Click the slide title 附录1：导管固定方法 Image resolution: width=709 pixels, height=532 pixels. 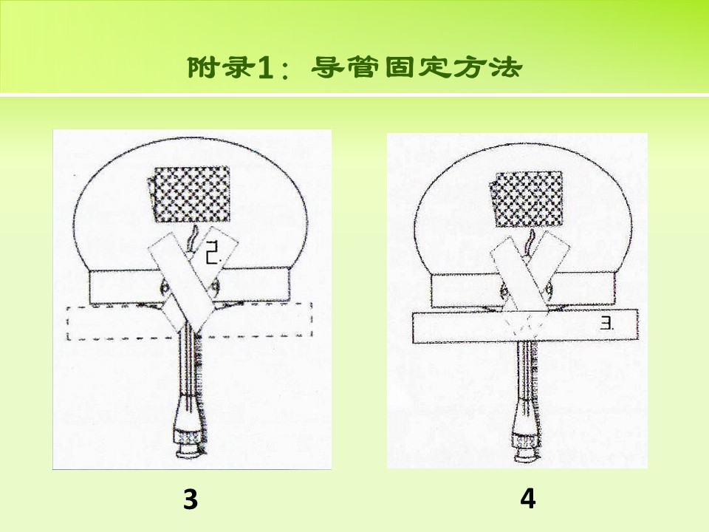coord(355,68)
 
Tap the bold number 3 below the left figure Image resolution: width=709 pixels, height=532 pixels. coord(191,499)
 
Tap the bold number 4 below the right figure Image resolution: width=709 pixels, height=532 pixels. coord(528,499)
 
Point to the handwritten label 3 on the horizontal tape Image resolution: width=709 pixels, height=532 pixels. coord(607,324)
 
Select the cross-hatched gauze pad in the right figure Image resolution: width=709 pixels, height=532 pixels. coord(527,199)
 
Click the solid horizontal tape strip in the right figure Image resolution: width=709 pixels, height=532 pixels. coord(525,326)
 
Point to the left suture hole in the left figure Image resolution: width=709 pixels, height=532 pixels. coord(164,286)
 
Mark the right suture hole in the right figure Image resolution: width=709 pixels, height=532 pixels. coord(549,289)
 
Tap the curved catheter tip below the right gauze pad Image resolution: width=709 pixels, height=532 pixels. coord(530,242)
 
